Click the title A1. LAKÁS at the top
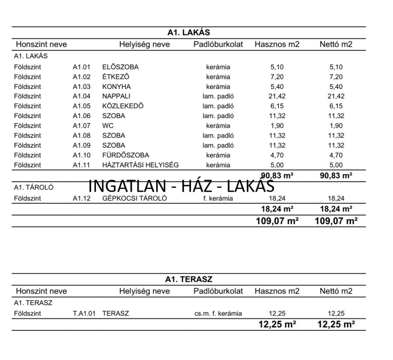[x=188, y=33]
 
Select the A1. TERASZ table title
[x=188, y=279]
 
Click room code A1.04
[x=81, y=96]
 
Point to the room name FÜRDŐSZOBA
[x=125, y=155]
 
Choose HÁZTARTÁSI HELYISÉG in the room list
[x=140, y=165]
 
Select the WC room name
[x=108, y=126]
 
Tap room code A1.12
[x=81, y=199]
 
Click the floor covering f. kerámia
[x=218, y=199]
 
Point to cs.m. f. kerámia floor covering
[x=218, y=314]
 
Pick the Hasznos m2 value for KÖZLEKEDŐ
[x=277, y=106]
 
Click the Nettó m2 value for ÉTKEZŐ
[x=336, y=77]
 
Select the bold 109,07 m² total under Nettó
[x=336, y=221]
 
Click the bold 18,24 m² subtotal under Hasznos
[x=277, y=209]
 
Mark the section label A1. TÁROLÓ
[x=33, y=187]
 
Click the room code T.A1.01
[x=84, y=314]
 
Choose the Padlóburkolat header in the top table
[x=218, y=44]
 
